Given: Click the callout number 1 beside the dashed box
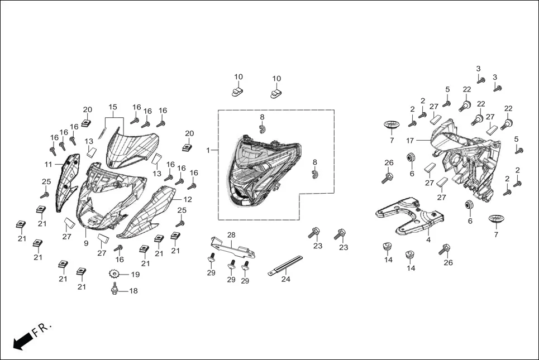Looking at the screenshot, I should (x=208, y=150).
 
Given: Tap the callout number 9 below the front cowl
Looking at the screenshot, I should (x=86, y=243).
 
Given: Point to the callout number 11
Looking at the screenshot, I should (x=48, y=165).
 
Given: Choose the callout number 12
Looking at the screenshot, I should (x=188, y=199).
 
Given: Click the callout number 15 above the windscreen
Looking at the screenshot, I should (x=113, y=107).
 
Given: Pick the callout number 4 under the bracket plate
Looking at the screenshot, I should (x=428, y=240).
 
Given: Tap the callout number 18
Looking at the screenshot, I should (x=133, y=291).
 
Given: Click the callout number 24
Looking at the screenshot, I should (x=286, y=279).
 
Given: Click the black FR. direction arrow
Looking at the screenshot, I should (x=23, y=340).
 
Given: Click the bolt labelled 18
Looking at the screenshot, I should (x=115, y=288).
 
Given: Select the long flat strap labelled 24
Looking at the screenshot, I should (x=285, y=265).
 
